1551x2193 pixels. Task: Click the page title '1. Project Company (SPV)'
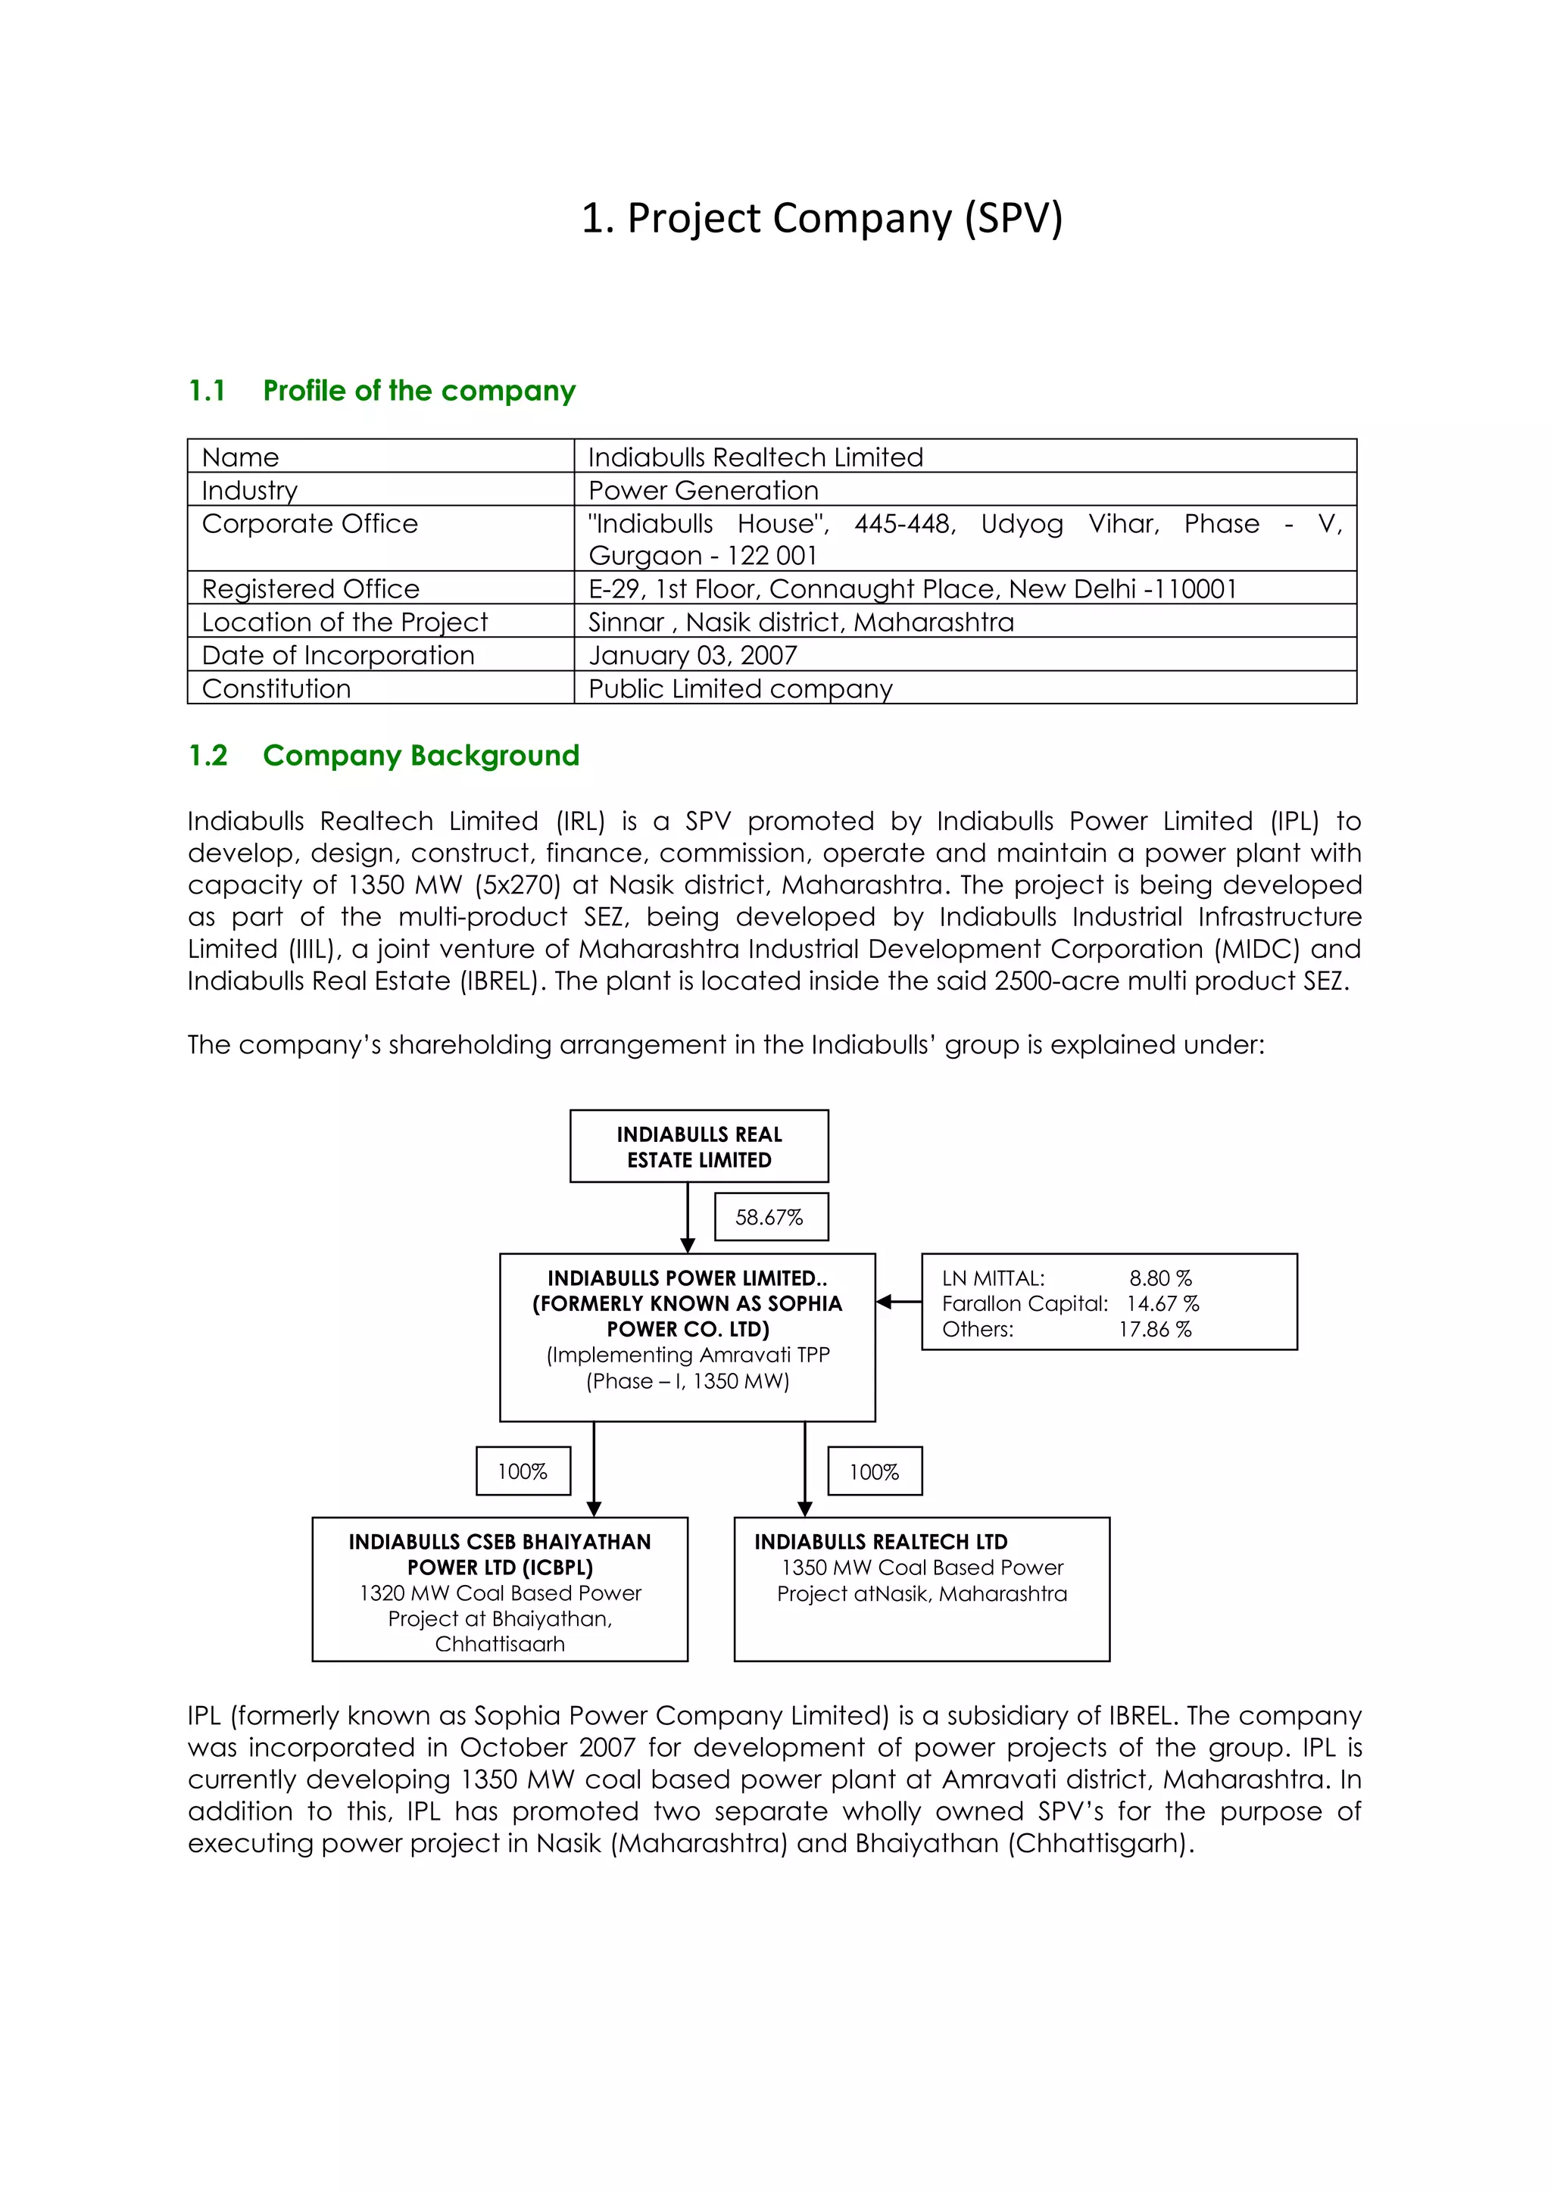coord(822,219)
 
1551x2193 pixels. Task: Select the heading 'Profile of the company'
coord(420,391)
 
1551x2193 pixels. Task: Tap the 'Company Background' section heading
coord(421,756)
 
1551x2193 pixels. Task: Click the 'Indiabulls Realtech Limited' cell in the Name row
coord(756,457)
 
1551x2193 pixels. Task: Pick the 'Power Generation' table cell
coord(703,490)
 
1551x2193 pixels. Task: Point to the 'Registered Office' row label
coord(311,588)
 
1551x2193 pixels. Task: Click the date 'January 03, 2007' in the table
coord(692,655)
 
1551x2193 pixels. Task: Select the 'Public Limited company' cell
coord(740,688)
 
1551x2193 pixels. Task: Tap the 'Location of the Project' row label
coord(344,622)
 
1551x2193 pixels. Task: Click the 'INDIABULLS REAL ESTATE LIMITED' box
coord(699,1146)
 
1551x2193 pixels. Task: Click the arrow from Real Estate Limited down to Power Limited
coord(688,1218)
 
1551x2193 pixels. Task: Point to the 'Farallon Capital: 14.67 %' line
coord(1069,1304)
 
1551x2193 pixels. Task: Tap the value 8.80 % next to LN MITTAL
coord(1160,1278)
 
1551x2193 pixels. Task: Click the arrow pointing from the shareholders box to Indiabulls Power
coord(897,1302)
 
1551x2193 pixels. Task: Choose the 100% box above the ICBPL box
coord(523,1471)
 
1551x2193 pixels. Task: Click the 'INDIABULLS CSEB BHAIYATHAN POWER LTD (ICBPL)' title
coord(500,1554)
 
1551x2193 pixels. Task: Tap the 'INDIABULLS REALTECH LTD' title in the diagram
coord(881,1542)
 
